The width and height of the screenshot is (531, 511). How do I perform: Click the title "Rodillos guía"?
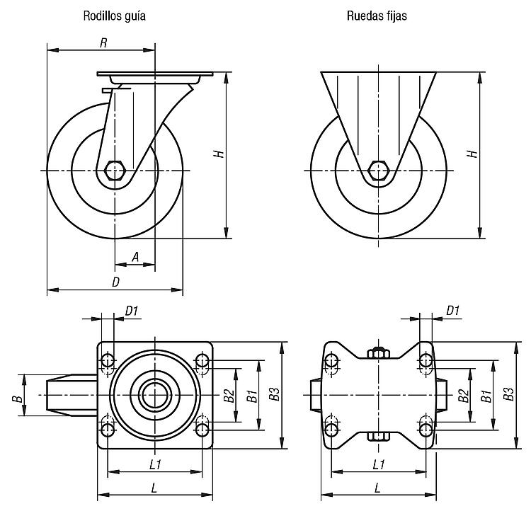115,16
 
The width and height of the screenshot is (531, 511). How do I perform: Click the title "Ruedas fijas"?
377,16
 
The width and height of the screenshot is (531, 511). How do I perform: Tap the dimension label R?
103,43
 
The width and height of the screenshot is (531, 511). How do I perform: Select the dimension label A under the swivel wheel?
135,257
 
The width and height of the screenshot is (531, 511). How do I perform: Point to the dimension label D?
116,282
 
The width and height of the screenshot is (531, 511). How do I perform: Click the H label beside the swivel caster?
219,154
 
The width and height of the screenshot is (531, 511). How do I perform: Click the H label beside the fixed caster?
472,154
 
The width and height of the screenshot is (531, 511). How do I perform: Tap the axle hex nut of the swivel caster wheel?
115,171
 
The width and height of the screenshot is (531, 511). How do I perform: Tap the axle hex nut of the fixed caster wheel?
378,171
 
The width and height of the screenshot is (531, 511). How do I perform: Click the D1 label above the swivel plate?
132,311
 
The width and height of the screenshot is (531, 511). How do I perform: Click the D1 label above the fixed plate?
452,311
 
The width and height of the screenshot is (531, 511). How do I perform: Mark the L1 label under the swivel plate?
155,464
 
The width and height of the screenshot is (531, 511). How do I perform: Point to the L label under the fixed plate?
378,488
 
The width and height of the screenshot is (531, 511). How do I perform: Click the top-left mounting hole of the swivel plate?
108,361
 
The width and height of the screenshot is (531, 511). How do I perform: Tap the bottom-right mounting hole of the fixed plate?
426,430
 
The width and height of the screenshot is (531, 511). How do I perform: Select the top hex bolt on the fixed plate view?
379,352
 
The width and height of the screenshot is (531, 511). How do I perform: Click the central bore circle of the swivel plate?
155,395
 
